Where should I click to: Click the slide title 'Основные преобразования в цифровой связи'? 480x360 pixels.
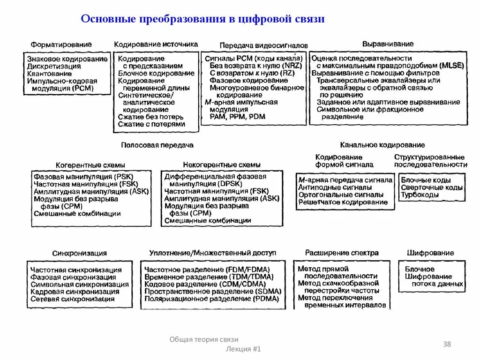click(x=202, y=19)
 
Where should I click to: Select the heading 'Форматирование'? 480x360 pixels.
click(x=61, y=45)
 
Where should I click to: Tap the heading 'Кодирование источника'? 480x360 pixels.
click(x=156, y=44)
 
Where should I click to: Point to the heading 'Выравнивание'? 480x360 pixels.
click(x=388, y=44)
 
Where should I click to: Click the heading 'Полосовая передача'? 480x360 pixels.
click(x=157, y=145)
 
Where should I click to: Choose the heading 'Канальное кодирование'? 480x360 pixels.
click(x=382, y=145)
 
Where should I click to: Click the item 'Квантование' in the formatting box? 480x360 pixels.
click(x=49, y=74)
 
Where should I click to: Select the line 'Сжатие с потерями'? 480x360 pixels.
click(x=151, y=124)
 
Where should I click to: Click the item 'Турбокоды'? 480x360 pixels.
click(x=420, y=195)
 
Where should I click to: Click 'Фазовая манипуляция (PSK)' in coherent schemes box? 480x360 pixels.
click(x=77, y=177)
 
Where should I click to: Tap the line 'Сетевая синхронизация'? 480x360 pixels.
click(x=72, y=299)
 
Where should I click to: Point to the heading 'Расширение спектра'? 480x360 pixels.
click(x=342, y=253)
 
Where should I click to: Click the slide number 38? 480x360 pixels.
click(x=447, y=345)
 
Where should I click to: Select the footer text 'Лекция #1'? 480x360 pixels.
click(x=243, y=349)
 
